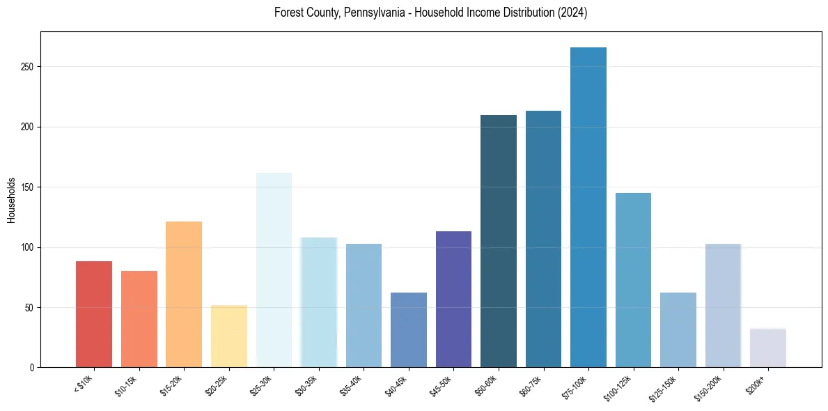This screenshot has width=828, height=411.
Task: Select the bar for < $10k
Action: pos(94,314)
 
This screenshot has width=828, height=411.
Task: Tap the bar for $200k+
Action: pos(768,348)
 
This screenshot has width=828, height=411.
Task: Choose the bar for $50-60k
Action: pos(499,241)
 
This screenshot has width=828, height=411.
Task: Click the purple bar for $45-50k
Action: pos(453,299)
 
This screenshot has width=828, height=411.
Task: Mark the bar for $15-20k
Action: pos(184,294)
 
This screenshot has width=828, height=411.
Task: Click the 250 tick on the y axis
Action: pos(31,67)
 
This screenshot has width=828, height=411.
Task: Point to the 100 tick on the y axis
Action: pos(31,247)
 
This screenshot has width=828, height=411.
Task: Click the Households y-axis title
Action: pos(11,199)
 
